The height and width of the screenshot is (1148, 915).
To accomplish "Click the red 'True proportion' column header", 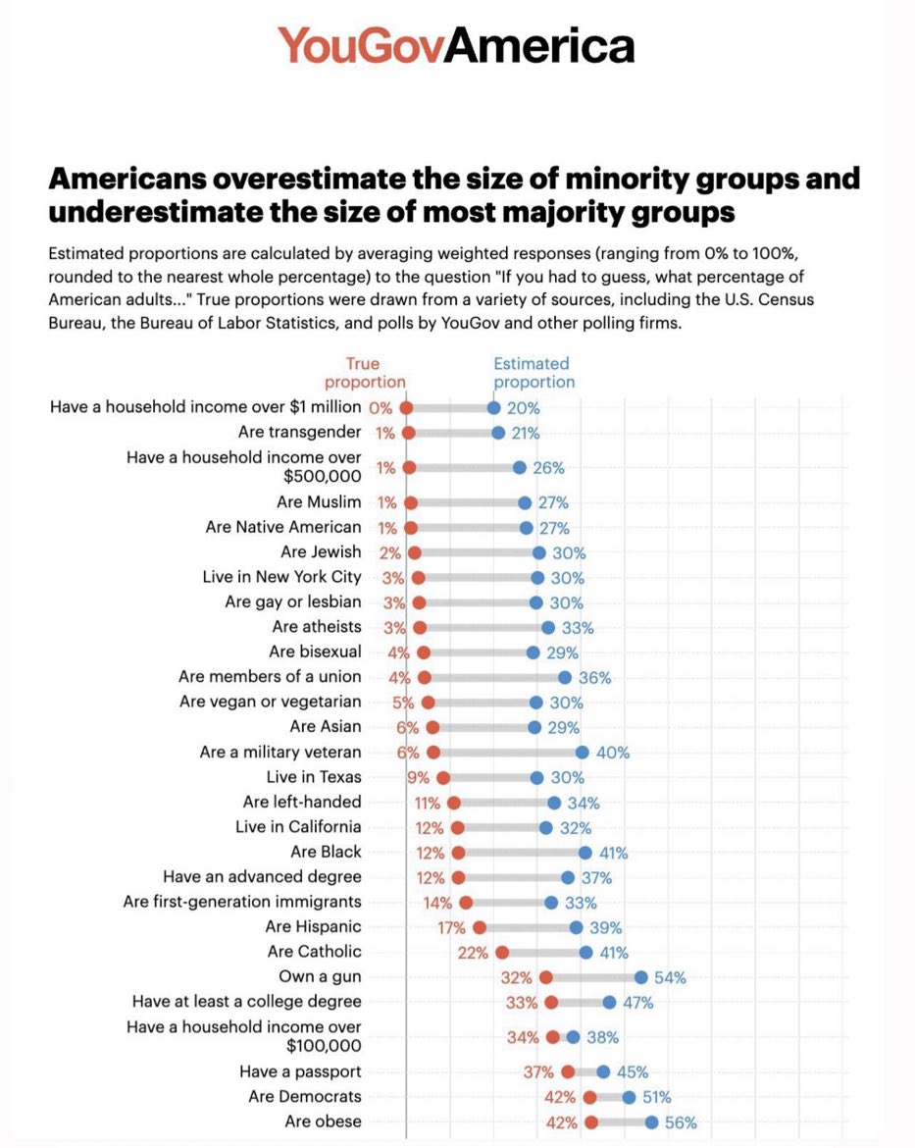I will point(364,373).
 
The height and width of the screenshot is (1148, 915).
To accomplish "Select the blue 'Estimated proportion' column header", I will point(534,373).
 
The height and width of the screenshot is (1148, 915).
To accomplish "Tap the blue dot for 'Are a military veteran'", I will point(582,753).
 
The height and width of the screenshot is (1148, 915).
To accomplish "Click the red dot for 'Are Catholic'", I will point(502,952).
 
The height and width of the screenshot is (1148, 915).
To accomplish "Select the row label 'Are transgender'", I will point(299,433).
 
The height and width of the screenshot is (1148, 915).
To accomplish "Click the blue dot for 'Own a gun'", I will point(640,977).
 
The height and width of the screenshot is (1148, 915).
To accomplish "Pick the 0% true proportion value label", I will point(381,408).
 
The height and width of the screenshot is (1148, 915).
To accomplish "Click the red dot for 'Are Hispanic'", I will point(479,927).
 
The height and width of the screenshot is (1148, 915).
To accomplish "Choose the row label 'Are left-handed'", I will point(302,803).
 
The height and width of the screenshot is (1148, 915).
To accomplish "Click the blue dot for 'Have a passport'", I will point(603,1072).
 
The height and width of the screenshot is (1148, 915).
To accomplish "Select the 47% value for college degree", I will point(636,1003).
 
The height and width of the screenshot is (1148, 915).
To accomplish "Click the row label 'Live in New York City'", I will point(281,578).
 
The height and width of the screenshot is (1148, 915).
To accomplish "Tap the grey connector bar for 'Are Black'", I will point(521,853).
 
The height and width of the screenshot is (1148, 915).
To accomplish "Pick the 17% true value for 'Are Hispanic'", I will point(452,927).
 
